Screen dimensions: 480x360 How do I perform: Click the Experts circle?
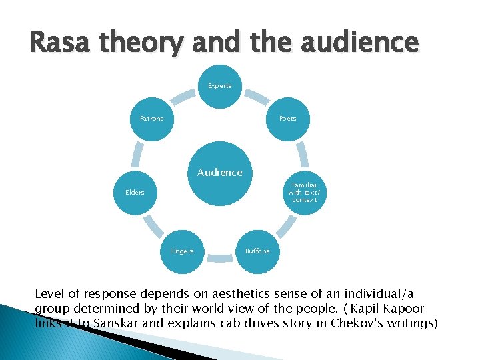pyautogui.click(x=219, y=86)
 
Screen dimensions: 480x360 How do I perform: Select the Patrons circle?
pyautogui.click(x=152, y=119)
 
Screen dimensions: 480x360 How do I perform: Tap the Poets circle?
pyautogui.click(x=287, y=119)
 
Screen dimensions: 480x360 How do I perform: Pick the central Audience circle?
pyautogui.click(x=219, y=173)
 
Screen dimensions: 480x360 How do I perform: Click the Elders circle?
pyautogui.click(x=135, y=193)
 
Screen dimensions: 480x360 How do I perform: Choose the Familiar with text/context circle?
pyautogui.click(x=303, y=192)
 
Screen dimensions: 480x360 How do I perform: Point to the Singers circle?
pyautogui.click(x=182, y=251)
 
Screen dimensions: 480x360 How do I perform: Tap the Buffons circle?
pyautogui.click(x=257, y=251)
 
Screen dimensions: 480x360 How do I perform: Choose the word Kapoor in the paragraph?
pyautogui.click(x=402, y=309)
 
